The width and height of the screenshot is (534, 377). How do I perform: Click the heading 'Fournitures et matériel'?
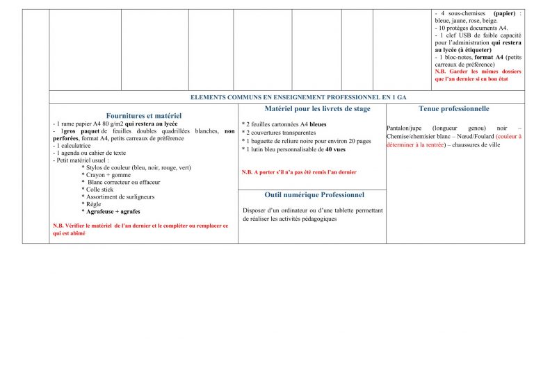(143, 115)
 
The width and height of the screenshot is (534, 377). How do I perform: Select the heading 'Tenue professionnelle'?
(454, 109)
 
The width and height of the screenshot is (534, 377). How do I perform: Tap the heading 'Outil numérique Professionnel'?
(314, 195)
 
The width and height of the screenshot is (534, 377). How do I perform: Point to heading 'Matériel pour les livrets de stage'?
(312, 109)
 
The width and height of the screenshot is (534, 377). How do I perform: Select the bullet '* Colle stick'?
(97, 189)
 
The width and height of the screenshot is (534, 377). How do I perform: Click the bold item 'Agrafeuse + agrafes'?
(111, 211)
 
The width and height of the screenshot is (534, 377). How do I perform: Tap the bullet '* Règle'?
(92, 204)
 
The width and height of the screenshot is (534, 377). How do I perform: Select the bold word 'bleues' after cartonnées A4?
(318, 125)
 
